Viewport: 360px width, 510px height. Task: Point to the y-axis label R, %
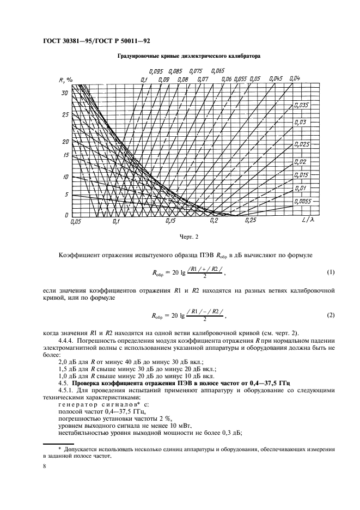pyautogui.click(x=66, y=80)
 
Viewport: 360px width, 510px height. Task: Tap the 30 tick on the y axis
pyautogui.click(x=65, y=93)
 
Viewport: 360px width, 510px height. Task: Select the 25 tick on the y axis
pyautogui.click(x=65, y=115)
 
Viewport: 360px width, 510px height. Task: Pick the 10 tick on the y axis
pyautogui.click(x=65, y=177)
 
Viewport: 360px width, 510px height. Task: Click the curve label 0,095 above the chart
pyautogui.click(x=156, y=71)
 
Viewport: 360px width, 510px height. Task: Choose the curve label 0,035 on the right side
pyautogui.click(x=301, y=105)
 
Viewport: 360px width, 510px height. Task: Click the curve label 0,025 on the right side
pyautogui.click(x=301, y=144)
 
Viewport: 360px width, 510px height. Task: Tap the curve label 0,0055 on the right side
pyautogui.click(x=302, y=201)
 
